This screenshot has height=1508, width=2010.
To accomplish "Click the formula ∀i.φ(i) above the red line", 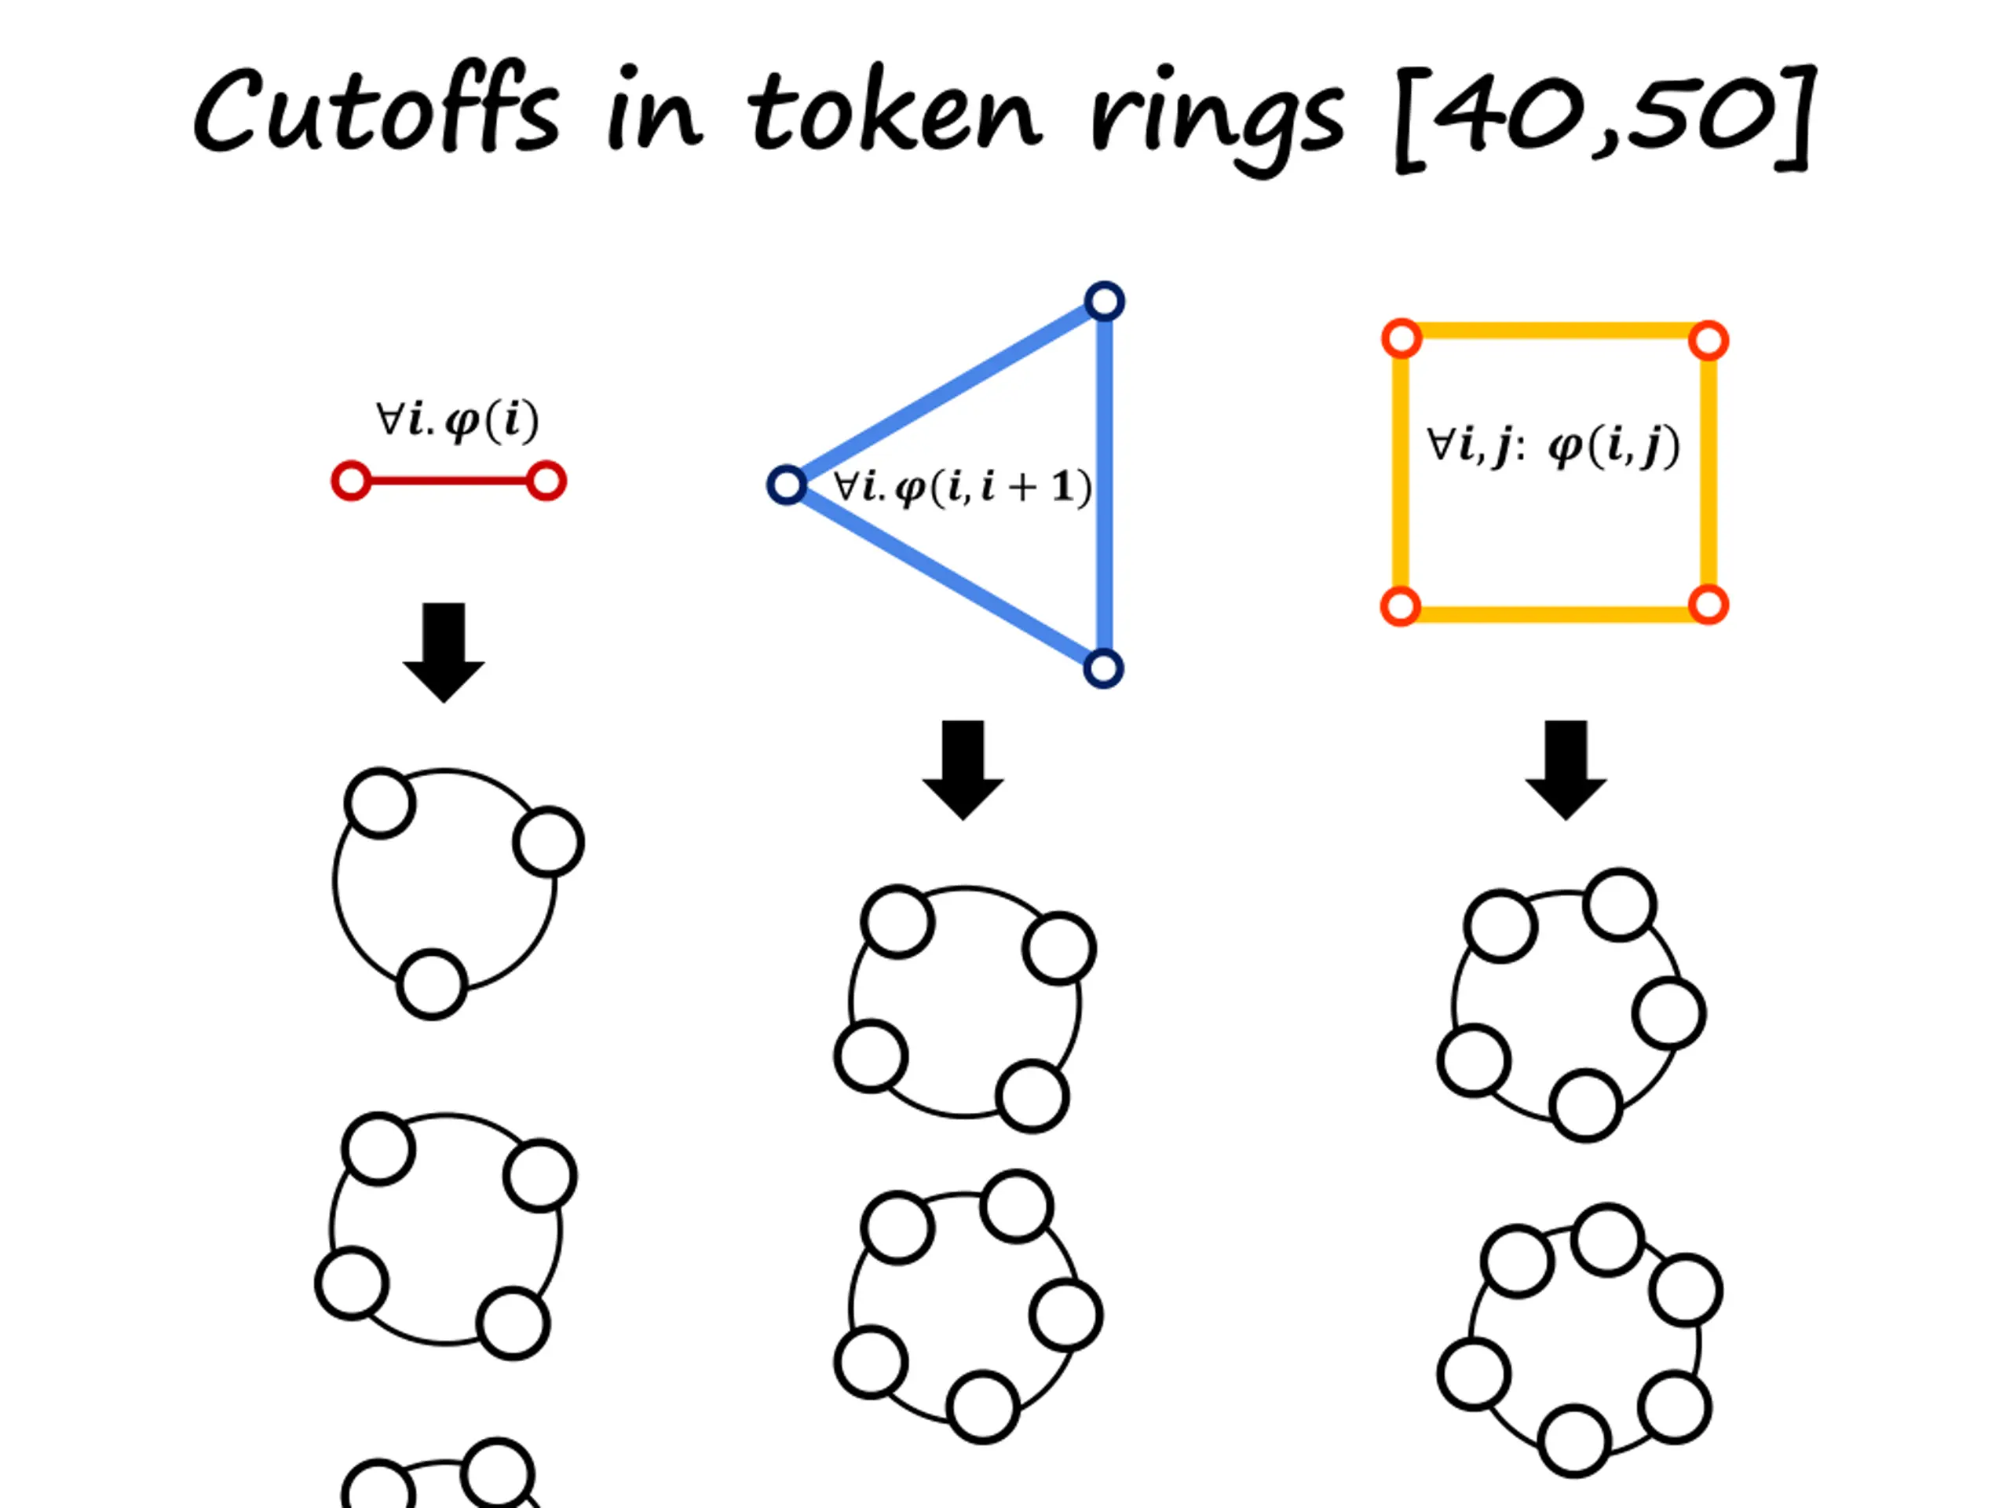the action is pyautogui.click(x=457, y=420).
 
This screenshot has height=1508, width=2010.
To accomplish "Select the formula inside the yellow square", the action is pyautogui.click(x=1553, y=445).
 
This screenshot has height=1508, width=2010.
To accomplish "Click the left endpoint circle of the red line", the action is pyautogui.click(x=351, y=481).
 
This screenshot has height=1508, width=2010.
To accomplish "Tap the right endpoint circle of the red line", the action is pyautogui.click(x=547, y=481).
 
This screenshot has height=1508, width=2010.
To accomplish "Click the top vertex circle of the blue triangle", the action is pyautogui.click(x=1104, y=302).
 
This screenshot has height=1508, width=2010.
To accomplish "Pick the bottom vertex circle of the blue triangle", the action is pyautogui.click(x=1103, y=669).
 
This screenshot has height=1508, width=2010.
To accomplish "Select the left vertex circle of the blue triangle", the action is pyautogui.click(x=787, y=485).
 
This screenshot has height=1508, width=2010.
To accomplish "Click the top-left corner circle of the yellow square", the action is pyautogui.click(x=1402, y=339).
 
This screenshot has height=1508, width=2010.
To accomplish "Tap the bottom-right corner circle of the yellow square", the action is pyautogui.click(x=1708, y=606).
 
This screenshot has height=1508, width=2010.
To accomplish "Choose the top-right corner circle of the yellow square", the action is pyautogui.click(x=1708, y=342).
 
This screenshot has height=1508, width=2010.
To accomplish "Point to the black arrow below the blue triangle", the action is pyautogui.click(x=963, y=769).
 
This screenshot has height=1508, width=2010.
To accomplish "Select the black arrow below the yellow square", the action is pyautogui.click(x=1566, y=769).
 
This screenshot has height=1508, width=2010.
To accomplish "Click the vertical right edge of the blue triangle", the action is pyautogui.click(x=1105, y=486).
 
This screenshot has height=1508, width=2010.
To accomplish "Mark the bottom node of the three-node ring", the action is pyautogui.click(x=433, y=984).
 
